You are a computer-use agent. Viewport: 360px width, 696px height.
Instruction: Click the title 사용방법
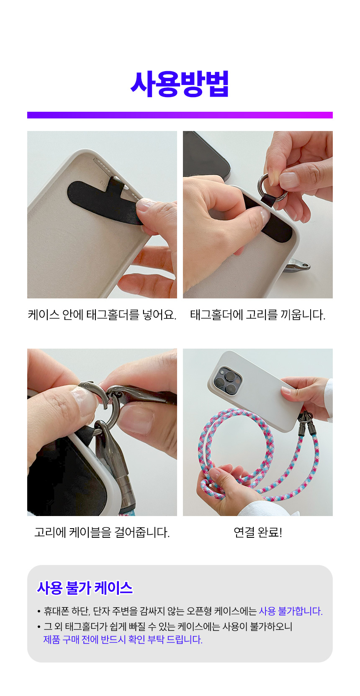coord(180,84)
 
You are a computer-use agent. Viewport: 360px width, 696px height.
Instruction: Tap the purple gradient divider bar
coord(180,115)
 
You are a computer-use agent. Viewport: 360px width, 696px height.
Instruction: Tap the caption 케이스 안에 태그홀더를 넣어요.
coord(102,315)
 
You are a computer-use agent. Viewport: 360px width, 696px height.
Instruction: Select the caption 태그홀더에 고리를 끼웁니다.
coord(258,315)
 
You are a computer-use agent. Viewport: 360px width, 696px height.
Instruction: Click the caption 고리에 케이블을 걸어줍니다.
coord(102,532)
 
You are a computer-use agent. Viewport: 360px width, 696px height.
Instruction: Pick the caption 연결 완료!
coord(258,532)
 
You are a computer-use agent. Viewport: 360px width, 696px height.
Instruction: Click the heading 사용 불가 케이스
coord(85,588)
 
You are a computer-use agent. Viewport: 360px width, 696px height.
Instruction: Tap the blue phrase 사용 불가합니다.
coord(291,611)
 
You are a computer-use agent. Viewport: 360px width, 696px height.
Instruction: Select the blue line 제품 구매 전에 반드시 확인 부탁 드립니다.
coord(123,640)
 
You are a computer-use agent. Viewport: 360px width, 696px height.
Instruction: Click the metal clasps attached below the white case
coord(307,423)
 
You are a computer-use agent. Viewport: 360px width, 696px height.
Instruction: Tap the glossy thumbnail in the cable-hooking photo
coord(83,400)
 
